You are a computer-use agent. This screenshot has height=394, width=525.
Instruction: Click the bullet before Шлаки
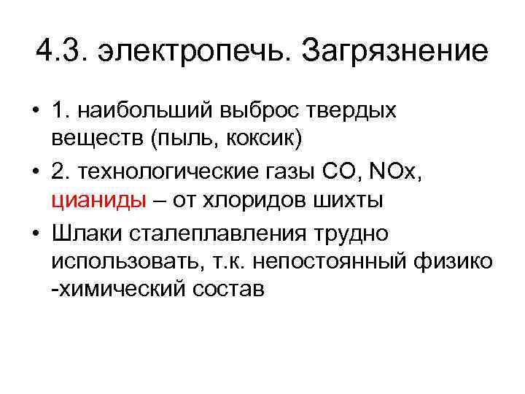click(37, 234)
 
